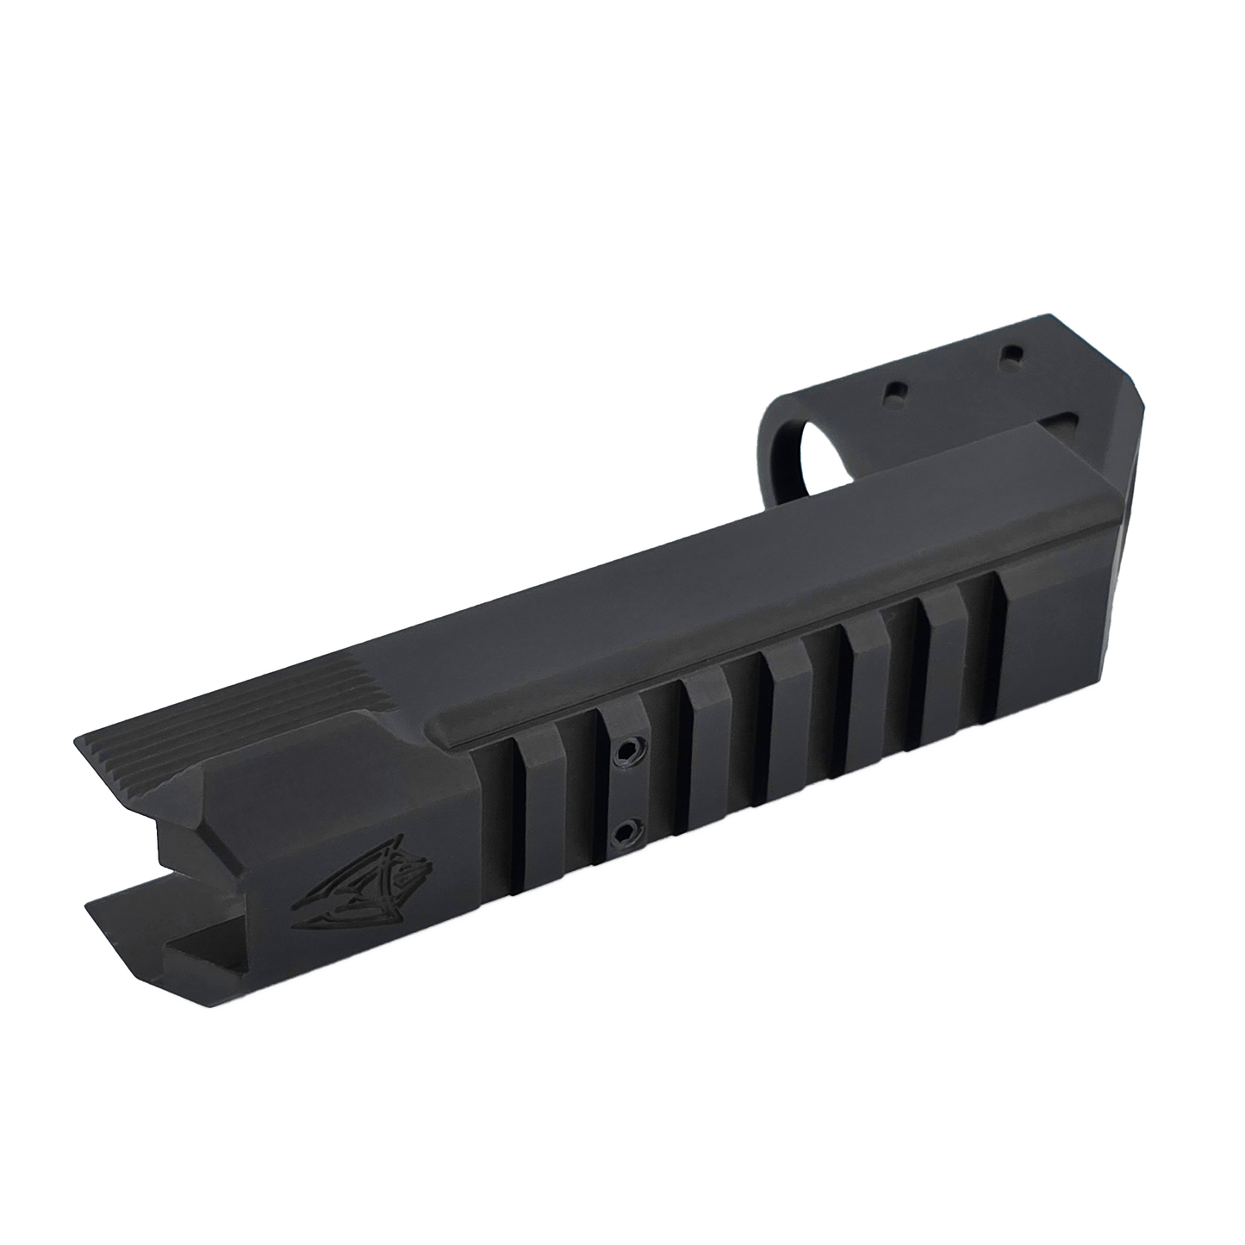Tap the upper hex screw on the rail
(623, 752)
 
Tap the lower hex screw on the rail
(622, 833)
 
